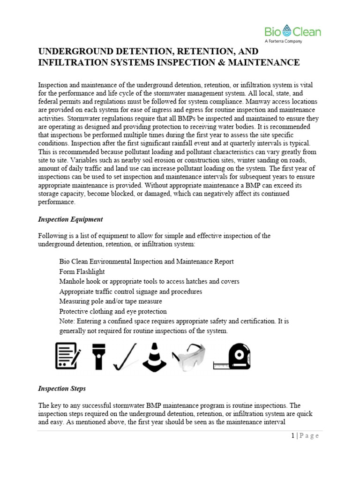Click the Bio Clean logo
292,32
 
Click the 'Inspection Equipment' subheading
70,219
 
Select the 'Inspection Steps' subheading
61,389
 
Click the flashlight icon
99,356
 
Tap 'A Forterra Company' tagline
284,41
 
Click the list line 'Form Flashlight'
82,271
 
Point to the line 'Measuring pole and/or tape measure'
111,301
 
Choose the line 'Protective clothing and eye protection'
113,311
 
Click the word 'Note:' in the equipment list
68,321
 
